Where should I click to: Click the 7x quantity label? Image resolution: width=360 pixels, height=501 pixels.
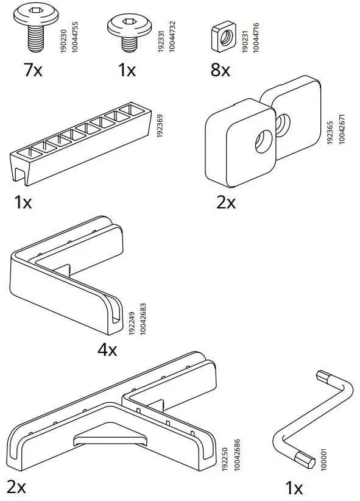pyautogui.click(x=33, y=70)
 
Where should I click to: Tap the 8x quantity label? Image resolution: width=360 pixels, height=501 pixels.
pyautogui.click(x=220, y=70)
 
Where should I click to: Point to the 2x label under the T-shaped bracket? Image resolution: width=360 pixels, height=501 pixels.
pyautogui.click(x=17, y=488)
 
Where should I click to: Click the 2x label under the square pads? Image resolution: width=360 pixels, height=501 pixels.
pyautogui.click(x=225, y=202)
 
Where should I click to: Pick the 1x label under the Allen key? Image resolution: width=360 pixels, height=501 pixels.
pyautogui.click(x=294, y=488)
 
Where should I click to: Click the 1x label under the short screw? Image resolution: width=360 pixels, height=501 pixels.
pyautogui.click(x=127, y=70)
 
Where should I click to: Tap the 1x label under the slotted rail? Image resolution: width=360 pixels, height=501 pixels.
pyautogui.click(x=23, y=202)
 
